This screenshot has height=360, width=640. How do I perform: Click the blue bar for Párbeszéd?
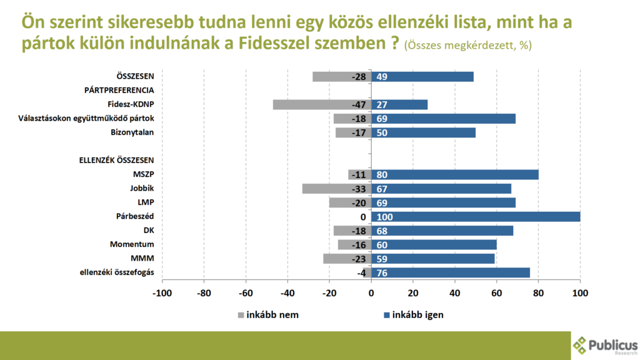[x=476, y=216]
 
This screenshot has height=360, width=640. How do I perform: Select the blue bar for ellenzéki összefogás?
[x=451, y=272]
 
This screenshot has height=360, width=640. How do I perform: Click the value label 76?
[x=382, y=272]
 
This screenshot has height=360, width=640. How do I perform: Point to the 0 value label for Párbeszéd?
[x=362, y=217]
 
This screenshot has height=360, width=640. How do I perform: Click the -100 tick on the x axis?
[x=162, y=292]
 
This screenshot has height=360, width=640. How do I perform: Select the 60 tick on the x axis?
[x=496, y=292]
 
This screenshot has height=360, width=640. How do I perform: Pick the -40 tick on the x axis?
[x=287, y=292]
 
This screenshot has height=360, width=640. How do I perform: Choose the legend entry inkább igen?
[x=412, y=314]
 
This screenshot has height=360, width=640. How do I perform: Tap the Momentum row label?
[x=132, y=244]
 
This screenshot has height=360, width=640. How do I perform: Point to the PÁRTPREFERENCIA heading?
[x=119, y=90]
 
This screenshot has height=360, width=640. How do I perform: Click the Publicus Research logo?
[x=605, y=346]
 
